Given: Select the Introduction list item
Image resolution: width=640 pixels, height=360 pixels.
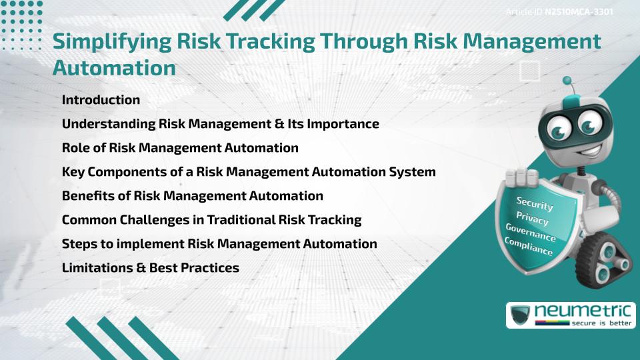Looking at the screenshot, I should pyautogui.click(x=101, y=100).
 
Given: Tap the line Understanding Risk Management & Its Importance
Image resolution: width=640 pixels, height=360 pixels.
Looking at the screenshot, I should pyautogui.click(x=220, y=124).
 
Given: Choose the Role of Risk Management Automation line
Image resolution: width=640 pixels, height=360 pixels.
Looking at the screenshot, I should pyautogui.click(x=180, y=148).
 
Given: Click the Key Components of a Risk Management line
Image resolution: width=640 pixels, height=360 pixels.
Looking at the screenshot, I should pyautogui.click(x=249, y=172).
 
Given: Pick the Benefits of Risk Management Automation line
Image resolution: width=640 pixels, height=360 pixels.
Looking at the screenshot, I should pyautogui.click(x=192, y=196).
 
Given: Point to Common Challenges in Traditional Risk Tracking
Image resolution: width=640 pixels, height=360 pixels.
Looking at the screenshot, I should pyautogui.click(x=211, y=220).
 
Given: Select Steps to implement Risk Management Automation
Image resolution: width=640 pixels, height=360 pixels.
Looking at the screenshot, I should pyautogui.click(x=219, y=244).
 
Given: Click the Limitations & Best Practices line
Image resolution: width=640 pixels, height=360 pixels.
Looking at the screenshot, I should pyautogui.click(x=150, y=268).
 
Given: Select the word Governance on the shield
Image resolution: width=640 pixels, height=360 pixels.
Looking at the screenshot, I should pyautogui.click(x=531, y=233).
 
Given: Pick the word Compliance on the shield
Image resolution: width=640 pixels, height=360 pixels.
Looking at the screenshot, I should pyautogui.click(x=529, y=247).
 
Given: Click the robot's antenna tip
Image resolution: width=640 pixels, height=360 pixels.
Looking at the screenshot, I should pyautogui.click(x=568, y=81).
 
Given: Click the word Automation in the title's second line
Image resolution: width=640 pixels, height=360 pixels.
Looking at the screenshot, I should pyautogui.click(x=114, y=67).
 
